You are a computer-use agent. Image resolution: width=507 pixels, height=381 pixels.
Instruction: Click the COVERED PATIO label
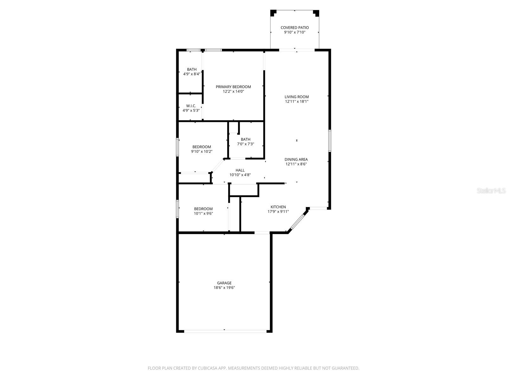pos(294,28)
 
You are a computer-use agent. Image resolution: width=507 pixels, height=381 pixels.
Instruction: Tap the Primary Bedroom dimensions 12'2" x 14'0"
pos(233,91)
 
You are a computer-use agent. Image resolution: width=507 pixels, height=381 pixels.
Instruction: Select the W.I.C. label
pos(191,106)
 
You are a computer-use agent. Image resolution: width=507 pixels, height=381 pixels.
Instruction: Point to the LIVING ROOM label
pos(296,97)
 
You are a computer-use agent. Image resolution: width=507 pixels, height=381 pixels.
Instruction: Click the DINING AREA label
pos(296,159)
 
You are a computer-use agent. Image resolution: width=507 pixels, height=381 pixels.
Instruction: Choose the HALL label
pos(240,170)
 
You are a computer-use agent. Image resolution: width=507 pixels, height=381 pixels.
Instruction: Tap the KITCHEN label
pos(278,207)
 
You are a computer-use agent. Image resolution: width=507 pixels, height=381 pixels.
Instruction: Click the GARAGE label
pos(224,283)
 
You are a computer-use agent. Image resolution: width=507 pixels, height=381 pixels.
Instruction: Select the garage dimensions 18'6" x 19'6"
pos(224,288)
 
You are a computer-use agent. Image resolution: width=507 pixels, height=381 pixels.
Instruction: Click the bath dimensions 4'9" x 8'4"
pos(191,74)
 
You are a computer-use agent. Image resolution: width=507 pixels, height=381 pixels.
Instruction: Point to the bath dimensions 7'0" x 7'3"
pos(245,144)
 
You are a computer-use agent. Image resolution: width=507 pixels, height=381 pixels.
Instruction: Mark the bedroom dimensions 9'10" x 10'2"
pos(202,151)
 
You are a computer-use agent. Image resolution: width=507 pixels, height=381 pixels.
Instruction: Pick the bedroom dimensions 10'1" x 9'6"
pos(203,213)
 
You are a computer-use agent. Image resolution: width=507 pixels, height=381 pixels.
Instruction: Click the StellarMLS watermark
pos(491,191)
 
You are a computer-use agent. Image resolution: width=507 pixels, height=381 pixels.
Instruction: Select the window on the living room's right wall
pos(330,140)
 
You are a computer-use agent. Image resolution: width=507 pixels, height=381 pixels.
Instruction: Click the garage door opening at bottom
pos(225,331)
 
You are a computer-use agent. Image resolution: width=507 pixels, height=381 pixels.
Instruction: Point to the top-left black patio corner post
pos(273,13)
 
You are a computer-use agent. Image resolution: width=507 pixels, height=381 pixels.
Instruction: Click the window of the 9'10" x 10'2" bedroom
pos(178,147)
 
